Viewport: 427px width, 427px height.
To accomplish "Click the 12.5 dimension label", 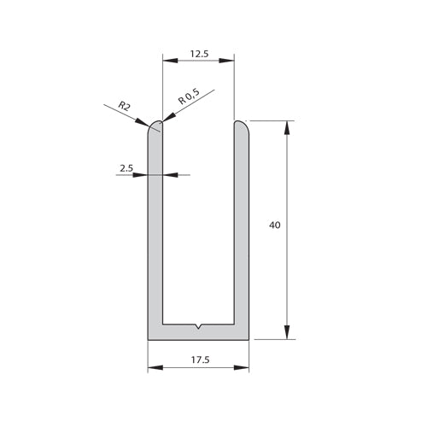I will [x=198, y=54].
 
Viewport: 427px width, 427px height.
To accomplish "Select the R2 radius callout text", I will [x=124, y=106].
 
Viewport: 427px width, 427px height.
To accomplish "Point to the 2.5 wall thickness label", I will [x=126, y=168].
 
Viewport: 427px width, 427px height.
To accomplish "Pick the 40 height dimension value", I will [x=274, y=225].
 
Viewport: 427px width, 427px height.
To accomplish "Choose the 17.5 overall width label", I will [x=198, y=358].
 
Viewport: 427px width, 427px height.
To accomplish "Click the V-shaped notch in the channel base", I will [x=198, y=327].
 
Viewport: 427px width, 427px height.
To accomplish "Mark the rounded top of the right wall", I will [x=242, y=126].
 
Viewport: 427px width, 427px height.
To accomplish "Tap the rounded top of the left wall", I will [x=155, y=126].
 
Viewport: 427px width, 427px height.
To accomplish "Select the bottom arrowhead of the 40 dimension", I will [x=287, y=333].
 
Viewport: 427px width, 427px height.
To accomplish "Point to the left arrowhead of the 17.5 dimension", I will [x=154, y=369].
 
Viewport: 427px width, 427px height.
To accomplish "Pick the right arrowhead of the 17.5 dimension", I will [x=243, y=369].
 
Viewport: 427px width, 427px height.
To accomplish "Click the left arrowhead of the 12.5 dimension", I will [x=168, y=61].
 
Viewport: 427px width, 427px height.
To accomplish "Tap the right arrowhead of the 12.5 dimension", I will [x=228, y=61].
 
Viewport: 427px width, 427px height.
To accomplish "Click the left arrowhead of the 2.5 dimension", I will [x=143, y=175].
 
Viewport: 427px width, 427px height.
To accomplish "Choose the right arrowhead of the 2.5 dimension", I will [x=168, y=175].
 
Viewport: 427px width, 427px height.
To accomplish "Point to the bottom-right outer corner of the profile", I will [x=249, y=339].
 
